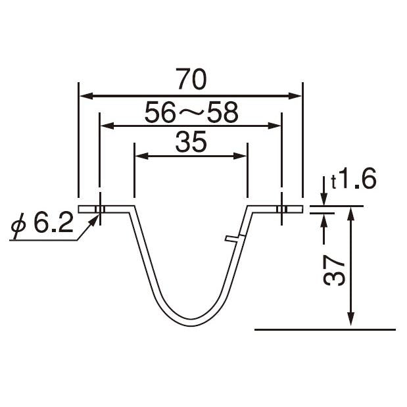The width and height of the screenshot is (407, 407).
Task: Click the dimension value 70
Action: point(191,79)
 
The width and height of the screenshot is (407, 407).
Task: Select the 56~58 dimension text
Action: point(191,112)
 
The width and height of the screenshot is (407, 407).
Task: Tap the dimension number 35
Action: point(191,142)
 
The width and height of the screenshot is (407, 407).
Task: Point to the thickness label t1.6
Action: point(354,178)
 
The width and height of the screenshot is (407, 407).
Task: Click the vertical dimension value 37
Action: point(334,270)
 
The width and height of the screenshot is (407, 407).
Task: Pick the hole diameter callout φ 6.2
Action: point(41,224)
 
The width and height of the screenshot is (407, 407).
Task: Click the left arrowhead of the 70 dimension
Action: point(86,96)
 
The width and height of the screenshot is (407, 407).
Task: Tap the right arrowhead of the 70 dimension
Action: point(295,96)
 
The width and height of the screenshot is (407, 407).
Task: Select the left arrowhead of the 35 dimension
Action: point(142,156)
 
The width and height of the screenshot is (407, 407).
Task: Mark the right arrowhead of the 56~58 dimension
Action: point(274,126)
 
